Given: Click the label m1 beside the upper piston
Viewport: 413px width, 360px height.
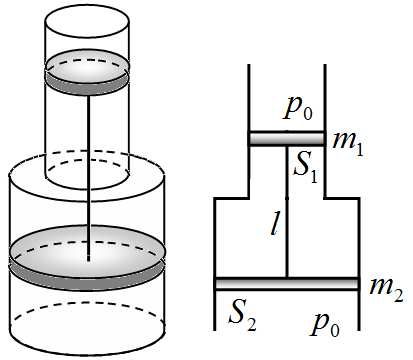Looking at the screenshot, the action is pos(348,144).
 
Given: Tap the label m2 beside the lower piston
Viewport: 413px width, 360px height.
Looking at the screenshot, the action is pos(386,290).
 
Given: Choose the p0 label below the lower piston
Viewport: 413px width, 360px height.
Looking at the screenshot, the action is pos(325,324).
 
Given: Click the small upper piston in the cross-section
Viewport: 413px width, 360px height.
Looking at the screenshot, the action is pos(287,138).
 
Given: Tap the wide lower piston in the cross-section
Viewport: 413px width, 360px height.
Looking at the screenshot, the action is pos(287,283).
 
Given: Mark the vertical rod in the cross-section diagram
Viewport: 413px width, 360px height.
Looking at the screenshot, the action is pos(287,211).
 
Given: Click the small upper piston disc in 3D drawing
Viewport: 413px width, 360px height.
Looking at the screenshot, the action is pos(87,73).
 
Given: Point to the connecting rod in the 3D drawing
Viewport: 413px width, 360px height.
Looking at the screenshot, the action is pos(89,178).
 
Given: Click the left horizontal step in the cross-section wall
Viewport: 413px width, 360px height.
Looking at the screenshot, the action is pos(232,198).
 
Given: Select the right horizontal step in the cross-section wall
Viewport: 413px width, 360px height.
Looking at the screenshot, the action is pos(342,198).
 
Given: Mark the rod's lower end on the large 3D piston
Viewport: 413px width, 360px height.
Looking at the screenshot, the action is pos(89,261).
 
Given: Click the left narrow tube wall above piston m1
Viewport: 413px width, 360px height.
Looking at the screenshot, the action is pos(249,98).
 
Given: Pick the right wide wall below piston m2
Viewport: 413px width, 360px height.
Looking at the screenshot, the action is pos(359,310).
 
